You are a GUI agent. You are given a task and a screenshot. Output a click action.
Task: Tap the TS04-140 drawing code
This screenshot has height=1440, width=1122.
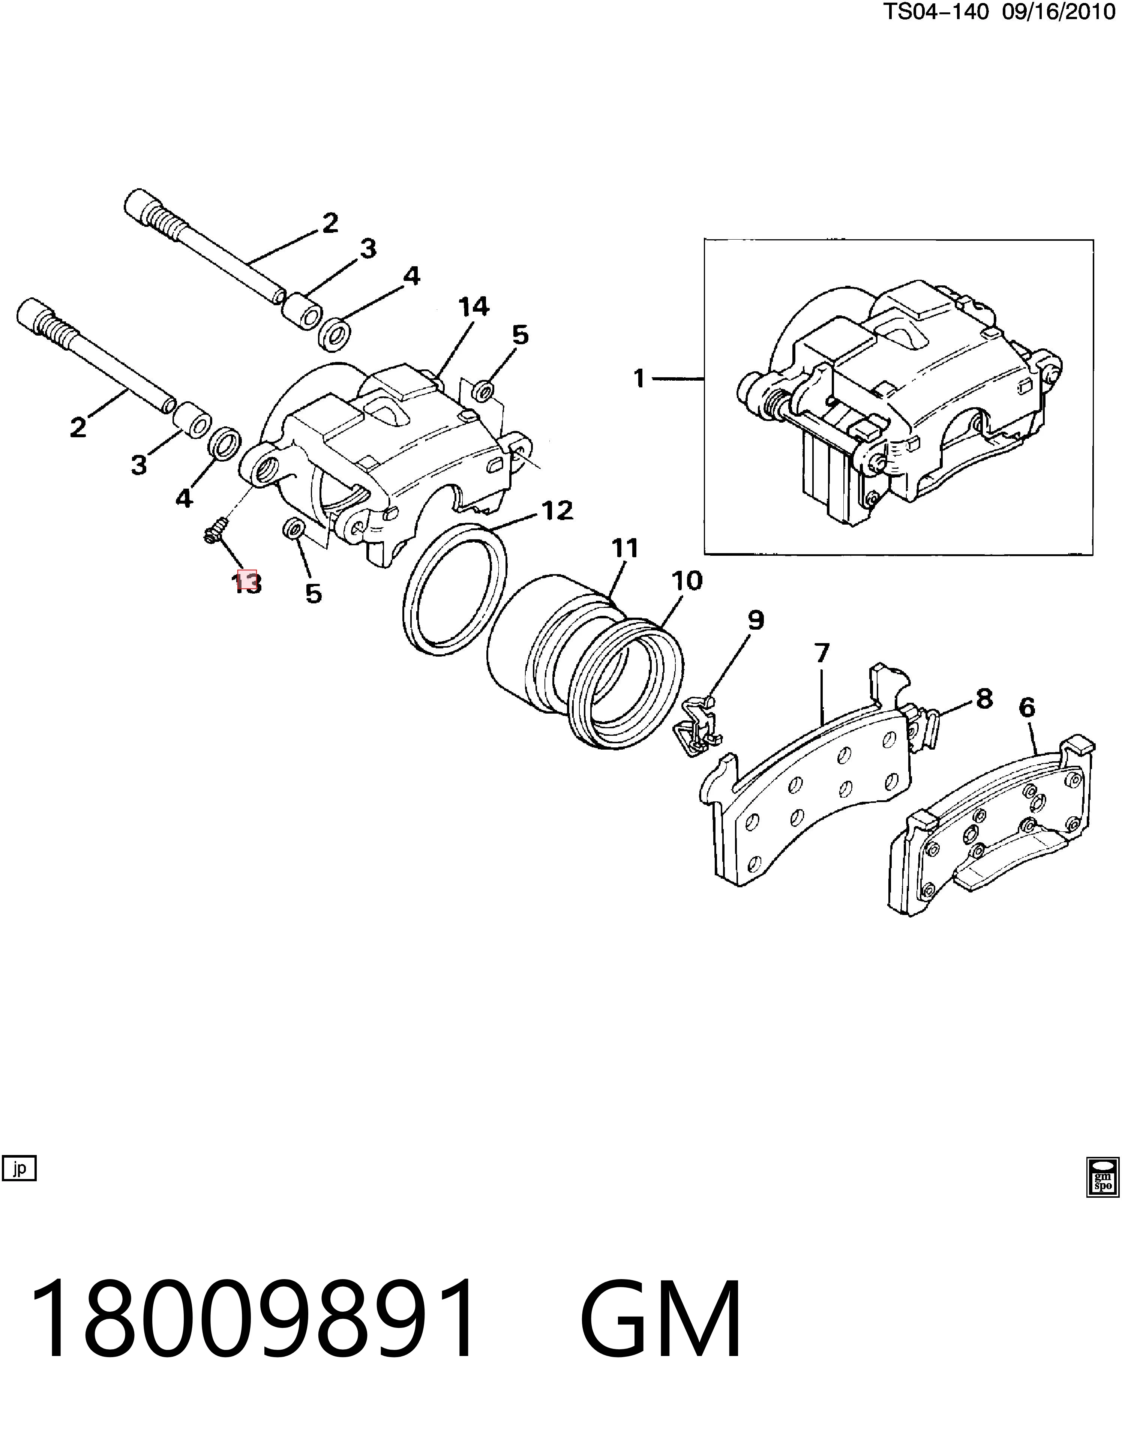(x=936, y=12)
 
